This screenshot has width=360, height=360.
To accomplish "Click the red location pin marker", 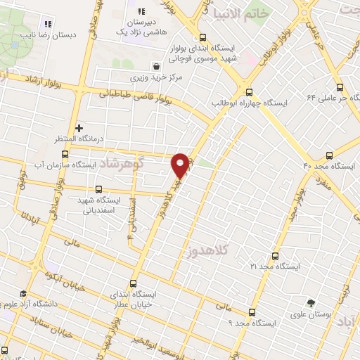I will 180,165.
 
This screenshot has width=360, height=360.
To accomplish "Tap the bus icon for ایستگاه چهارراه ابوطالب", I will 248,91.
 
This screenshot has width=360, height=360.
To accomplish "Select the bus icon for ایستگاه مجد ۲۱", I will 274,257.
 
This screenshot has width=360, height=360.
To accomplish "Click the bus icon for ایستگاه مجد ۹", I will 251,312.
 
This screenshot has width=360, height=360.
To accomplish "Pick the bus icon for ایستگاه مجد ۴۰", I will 329,155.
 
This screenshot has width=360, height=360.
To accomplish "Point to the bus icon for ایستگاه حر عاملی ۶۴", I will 340,88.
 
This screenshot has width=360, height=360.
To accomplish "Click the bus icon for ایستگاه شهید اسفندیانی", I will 98,189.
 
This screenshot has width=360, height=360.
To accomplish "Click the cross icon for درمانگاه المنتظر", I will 79,129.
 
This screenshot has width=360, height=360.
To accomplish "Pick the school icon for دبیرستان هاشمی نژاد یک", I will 141,11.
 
